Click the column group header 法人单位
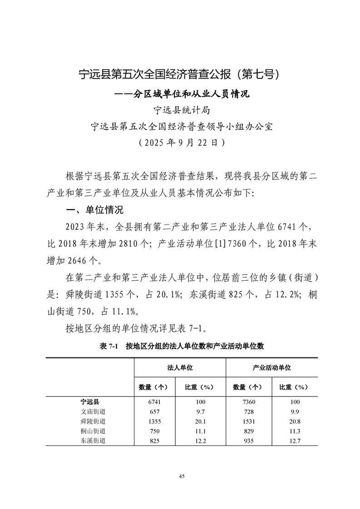tap(179, 367)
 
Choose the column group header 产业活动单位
tap(271, 367)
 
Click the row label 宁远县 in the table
tap(90, 401)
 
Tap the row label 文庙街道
tap(90, 411)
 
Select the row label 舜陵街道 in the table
tap(90, 421)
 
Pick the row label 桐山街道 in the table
tap(90, 431)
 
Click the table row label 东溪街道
tap(90, 440)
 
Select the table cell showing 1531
tap(248, 421)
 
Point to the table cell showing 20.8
tap(294, 421)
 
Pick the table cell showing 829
tap(248, 431)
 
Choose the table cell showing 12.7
tap(294, 440)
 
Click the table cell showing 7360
tap(248, 401)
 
